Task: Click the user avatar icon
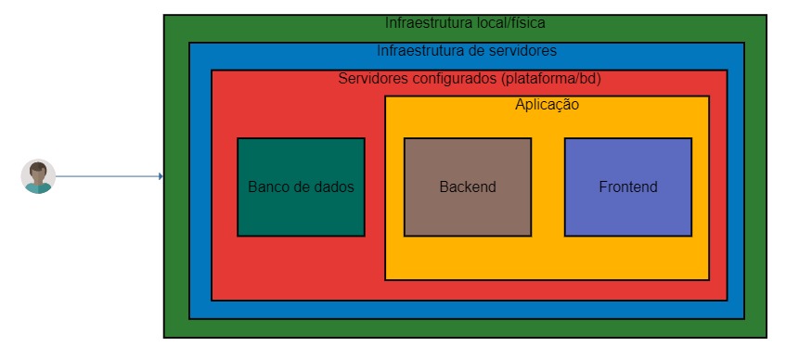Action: click(38, 176)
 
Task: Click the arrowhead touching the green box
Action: click(161, 176)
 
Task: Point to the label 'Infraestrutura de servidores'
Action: click(467, 50)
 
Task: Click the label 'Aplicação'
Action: click(547, 105)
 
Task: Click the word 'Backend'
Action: click(468, 186)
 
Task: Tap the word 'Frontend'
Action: click(628, 186)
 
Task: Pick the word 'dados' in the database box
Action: click(334, 186)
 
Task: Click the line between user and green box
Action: click(107, 176)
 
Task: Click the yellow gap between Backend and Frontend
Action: click(548, 186)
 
